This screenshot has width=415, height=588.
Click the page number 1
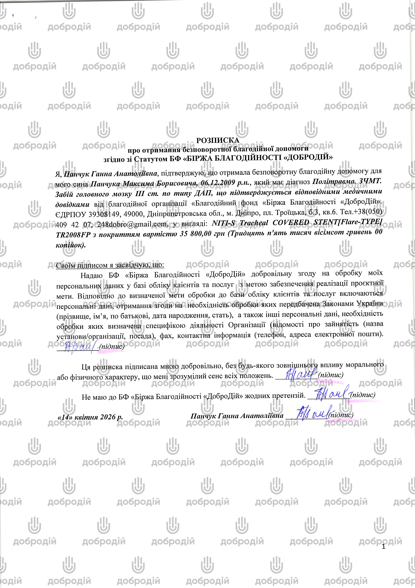383,547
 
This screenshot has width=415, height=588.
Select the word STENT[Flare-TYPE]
348,222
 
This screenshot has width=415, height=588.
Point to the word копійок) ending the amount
71,245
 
